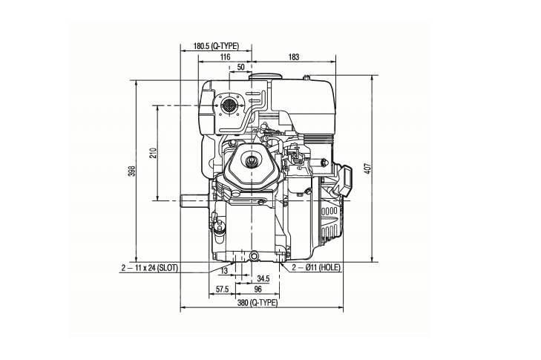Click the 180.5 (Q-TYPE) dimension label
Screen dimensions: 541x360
tap(216, 46)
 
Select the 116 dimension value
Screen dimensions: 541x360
tap(225, 57)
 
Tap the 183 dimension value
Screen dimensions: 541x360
tap(294, 57)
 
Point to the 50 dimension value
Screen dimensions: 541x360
tap(241, 67)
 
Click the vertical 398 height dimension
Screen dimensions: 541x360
tap(132, 171)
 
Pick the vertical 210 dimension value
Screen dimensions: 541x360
tap(153, 153)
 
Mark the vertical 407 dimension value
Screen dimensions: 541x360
tap(368, 168)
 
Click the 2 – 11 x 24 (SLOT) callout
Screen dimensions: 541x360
tap(149, 268)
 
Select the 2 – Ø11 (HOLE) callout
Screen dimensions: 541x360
tap(316, 267)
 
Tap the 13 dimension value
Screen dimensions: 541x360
tap(224, 271)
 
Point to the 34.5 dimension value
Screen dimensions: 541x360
tap(263, 278)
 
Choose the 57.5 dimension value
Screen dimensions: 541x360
tap(222, 289)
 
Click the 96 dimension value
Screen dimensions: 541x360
tap(258, 289)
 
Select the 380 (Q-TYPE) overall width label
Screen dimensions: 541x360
tap(258, 303)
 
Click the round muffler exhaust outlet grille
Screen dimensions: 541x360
tap(227, 105)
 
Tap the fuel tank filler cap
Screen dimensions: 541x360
tap(266, 76)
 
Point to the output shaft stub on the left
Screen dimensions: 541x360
tap(194, 200)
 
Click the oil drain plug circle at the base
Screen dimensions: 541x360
tap(255, 256)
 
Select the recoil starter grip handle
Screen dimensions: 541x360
tap(344, 180)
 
